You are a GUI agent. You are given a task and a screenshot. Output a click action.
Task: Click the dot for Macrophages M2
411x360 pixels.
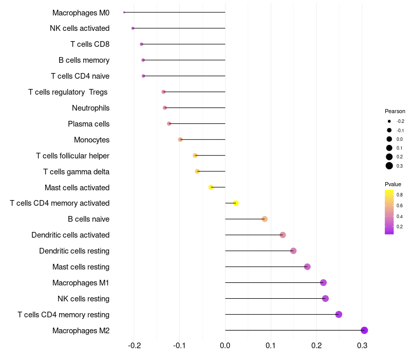[x=364, y=330]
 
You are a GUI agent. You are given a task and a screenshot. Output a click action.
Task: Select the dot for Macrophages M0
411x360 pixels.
[x=124, y=12]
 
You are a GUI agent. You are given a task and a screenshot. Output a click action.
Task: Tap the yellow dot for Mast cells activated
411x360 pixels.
[x=211, y=187]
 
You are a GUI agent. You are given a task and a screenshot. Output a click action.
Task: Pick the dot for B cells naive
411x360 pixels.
[x=265, y=219]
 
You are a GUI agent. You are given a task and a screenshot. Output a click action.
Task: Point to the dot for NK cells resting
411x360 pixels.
[x=325, y=298]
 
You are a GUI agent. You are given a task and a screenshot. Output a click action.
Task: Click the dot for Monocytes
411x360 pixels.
[x=180, y=139]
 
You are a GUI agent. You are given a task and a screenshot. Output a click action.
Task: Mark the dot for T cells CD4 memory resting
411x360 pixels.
[x=339, y=314]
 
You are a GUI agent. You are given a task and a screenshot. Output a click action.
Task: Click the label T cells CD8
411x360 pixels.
[x=90, y=44]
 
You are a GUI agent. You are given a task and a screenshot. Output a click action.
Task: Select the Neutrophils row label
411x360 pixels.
[x=90, y=108]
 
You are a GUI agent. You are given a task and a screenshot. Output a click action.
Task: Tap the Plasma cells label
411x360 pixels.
[x=88, y=124]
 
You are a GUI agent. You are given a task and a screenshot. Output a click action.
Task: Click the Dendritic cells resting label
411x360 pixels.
[x=74, y=251]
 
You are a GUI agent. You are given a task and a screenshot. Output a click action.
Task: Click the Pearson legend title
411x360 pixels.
[x=395, y=111]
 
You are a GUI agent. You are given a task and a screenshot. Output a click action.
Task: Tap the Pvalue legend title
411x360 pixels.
[x=393, y=184]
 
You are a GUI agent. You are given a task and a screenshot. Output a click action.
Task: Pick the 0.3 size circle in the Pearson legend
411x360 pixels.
[x=389, y=166]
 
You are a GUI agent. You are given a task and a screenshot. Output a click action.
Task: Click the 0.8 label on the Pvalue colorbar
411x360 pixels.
[x=400, y=195]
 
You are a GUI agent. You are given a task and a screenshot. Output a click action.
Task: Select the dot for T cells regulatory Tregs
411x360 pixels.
[x=163, y=92]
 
